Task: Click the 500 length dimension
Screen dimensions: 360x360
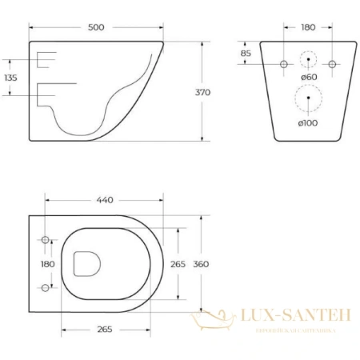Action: point(94,26)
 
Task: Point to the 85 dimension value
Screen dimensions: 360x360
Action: point(246,54)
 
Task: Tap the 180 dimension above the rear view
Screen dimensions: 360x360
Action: point(307,26)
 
